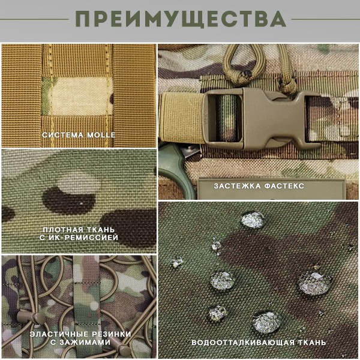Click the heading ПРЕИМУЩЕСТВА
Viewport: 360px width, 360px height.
point(180,19)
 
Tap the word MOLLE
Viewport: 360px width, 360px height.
point(101,135)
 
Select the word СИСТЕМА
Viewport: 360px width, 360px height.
point(64,135)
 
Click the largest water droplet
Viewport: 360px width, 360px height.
point(312,282)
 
